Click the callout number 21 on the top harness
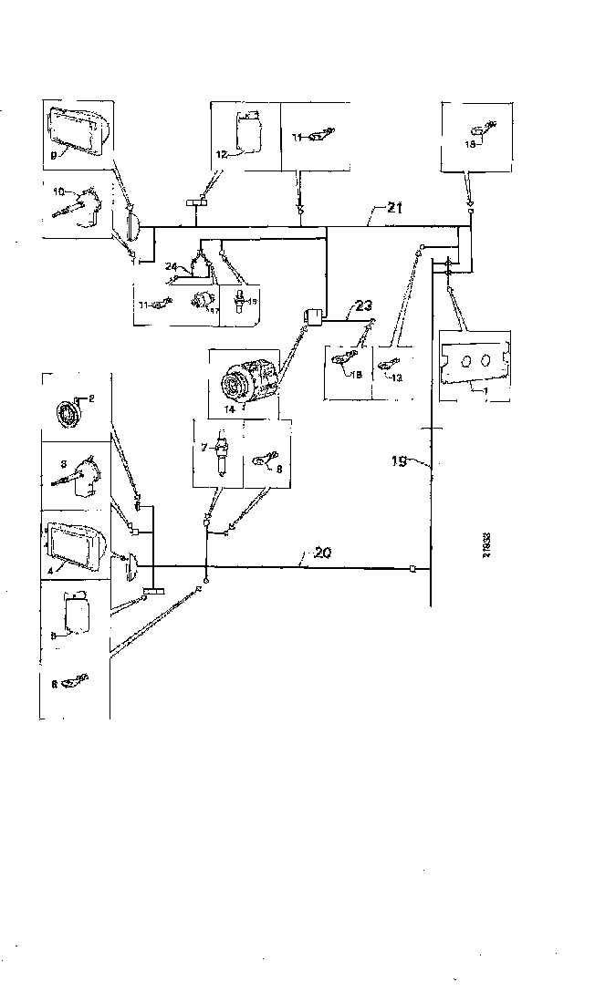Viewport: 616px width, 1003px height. coord(393,210)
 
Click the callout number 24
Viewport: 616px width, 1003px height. coord(172,266)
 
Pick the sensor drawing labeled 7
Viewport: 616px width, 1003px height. coord(219,454)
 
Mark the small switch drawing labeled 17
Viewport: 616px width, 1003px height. coord(203,300)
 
